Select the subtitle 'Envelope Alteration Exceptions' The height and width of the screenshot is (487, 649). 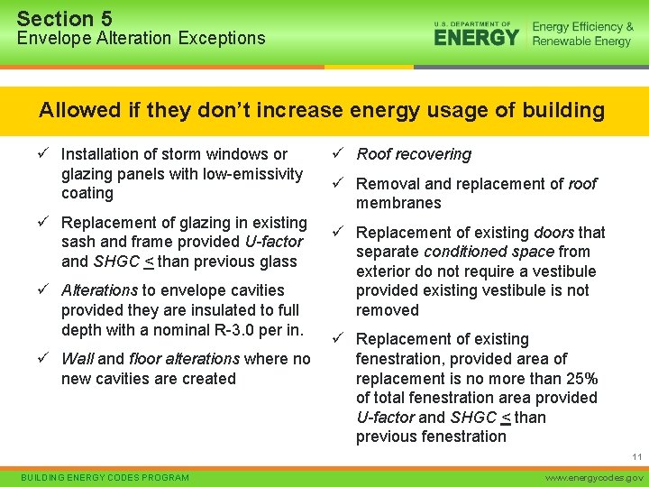pos(141,38)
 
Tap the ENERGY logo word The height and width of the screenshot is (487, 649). pos(476,37)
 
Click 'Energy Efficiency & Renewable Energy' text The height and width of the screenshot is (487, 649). pos(582,34)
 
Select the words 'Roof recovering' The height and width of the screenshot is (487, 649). pos(414,154)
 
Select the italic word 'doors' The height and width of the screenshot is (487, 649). pos(553,233)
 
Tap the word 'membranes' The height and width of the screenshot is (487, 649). pos(398,203)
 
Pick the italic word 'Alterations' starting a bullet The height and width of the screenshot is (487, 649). pos(99,290)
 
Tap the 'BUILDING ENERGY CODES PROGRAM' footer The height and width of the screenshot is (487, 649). pos(105,477)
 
